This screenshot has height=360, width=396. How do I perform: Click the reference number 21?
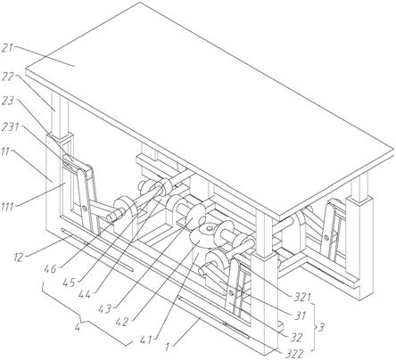point(7,48)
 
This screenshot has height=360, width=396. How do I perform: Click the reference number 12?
point(18,258)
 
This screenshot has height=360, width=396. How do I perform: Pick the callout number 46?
point(50,270)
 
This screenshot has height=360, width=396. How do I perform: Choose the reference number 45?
point(70,282)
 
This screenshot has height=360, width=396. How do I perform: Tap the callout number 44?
point(86,295)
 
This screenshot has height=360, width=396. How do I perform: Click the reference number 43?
point(104,309)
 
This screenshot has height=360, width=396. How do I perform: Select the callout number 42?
point(121,322)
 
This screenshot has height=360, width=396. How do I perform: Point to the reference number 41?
point(144,340)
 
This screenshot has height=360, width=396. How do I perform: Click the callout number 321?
point(301,297)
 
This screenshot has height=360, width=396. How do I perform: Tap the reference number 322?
point(294,354)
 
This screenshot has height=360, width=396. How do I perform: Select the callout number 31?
point(301,315)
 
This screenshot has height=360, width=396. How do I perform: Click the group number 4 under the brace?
point(78,328)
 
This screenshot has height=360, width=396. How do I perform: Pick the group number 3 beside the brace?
point(321,328)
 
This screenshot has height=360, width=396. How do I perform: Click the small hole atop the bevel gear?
point(210,229)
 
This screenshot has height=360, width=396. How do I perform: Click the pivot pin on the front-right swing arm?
point(230,293)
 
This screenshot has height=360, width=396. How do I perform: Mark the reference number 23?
point(8,101)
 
